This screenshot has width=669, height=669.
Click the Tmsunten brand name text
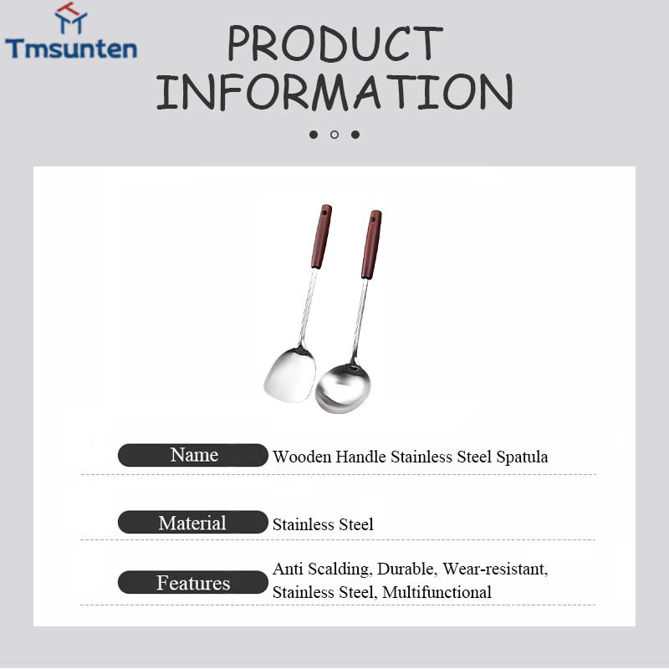[71, 49]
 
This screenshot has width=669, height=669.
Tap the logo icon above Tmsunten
[71, 18]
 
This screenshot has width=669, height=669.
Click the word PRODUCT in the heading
[335, 43]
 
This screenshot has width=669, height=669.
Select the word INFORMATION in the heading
[334, 92]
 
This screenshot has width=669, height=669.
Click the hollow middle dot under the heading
[334, 135]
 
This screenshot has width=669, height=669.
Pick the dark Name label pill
[193, 455]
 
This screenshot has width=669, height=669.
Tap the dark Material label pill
[193, 522]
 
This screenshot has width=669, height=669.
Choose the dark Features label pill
[193, 582]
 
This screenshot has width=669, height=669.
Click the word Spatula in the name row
[522, 457]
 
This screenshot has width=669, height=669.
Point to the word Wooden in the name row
[302, 457]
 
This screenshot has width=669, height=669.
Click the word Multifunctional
[437, 592]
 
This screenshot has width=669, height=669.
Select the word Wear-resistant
[495, 569]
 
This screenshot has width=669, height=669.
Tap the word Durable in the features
[406, 569]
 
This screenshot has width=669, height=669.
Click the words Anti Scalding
[322, 569]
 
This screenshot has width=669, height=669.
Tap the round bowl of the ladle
[343, 388]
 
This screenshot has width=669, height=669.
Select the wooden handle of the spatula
[322, 237]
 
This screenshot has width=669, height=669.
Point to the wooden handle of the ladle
[371, 244]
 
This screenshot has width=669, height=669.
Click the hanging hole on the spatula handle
[324, 212]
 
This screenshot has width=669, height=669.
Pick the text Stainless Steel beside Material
[323, 524]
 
